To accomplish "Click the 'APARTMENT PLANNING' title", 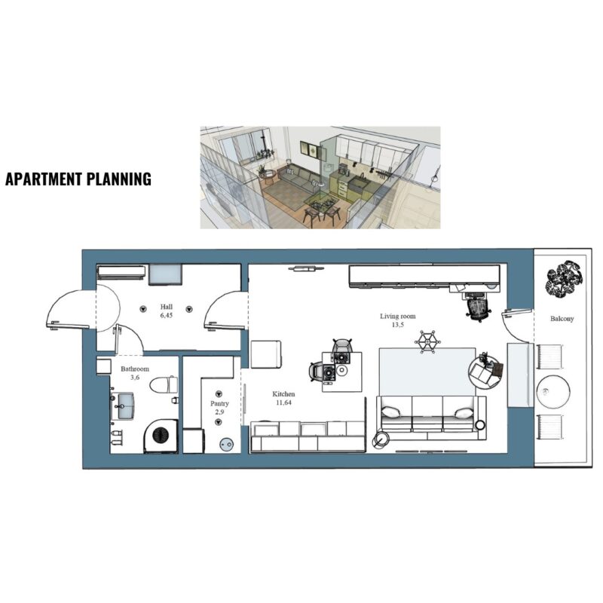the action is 78,179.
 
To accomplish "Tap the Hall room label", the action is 167,307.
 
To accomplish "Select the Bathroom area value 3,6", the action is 135,378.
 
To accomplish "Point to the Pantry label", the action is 219,403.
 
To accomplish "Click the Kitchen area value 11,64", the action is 284,403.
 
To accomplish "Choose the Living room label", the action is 398,316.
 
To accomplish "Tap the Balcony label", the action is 562,318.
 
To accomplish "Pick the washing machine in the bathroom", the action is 161,436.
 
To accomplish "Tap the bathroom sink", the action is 123,406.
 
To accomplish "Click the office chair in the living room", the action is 477,307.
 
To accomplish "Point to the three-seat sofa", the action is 430,418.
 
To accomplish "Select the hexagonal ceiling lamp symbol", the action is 427,341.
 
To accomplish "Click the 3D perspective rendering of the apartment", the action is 320,178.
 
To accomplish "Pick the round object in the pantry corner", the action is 226,445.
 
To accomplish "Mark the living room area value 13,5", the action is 398,325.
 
